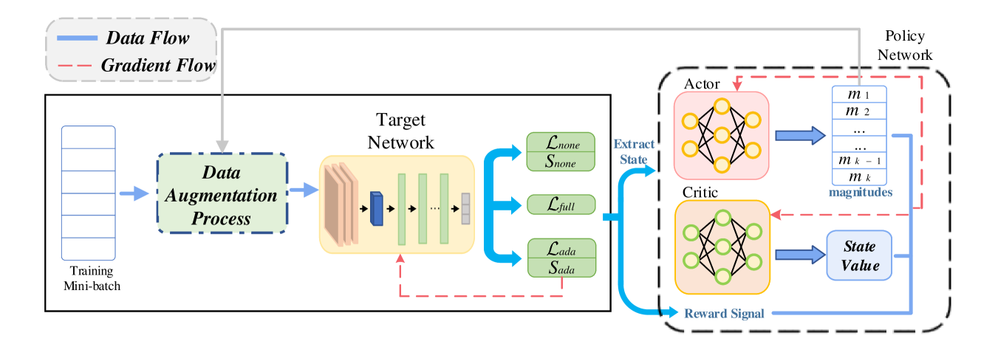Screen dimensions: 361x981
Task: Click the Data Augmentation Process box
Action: [221, 194]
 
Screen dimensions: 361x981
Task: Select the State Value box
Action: [858, 255]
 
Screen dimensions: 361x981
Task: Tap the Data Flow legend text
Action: [148, 37]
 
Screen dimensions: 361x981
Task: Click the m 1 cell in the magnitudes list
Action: [858, 94]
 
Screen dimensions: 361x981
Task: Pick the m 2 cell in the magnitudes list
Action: [858, 111]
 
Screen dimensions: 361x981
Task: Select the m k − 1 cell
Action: [858, 160]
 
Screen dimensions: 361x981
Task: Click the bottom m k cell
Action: [858, 177]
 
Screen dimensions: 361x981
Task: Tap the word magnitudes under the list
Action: [860, 193]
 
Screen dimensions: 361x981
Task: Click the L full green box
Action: [561, 204]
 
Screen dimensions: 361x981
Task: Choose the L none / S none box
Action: [561, 151]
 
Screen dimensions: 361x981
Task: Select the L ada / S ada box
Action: [561, 258]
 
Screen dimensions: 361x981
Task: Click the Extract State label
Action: [634, 151]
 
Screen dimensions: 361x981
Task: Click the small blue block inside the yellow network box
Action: [377, 207]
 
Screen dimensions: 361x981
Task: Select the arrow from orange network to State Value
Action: [799, 255]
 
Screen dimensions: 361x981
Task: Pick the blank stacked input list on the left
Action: [88, 193]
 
